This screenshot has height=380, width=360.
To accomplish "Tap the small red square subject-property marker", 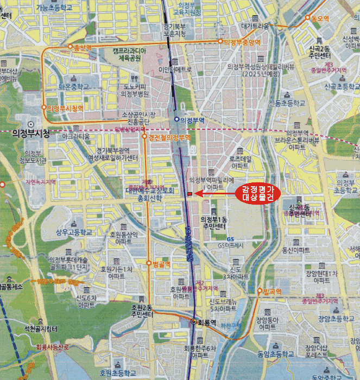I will click(x=188, y=194).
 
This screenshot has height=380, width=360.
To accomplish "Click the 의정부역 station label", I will click(x=191, y=120).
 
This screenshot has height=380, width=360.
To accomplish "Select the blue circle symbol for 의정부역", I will click(x=177, y=119).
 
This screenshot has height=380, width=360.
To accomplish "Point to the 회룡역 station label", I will click(x=207, y=322).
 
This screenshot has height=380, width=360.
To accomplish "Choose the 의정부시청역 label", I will click(x=65, y=109).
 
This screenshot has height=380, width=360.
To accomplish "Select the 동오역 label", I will click(x=320, y=18).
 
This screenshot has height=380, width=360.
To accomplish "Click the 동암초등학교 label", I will click(x=276, y=354).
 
